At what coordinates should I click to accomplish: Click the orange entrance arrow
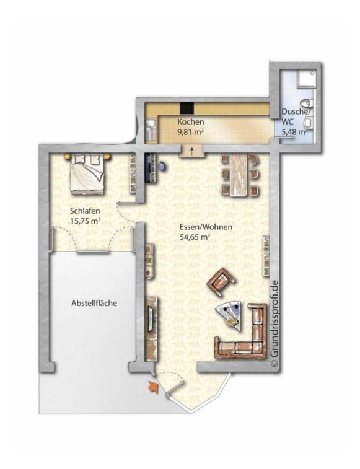(x=153, y=387)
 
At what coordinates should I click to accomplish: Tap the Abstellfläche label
(x=94, y=304)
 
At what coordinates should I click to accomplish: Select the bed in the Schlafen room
(x=87, y=173)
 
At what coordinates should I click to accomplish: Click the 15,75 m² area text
(x=85, y=222)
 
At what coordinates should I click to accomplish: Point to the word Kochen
(x=191, y=122)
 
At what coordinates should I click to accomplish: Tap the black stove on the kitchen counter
(x=187, y=107)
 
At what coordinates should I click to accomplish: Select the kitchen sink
(x=151, y=130)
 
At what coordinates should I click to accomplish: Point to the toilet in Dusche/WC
(x=307, y=103)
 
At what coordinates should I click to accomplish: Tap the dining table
(x=239, y=175)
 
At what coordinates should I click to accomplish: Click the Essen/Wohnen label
(x=206, y=227)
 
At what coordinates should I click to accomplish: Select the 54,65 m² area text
(x=195, y=237)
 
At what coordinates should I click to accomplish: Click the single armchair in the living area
(x=221, y=282)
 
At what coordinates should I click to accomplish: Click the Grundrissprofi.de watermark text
(x=274, y=323)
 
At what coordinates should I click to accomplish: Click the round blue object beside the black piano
(x=162, y=165)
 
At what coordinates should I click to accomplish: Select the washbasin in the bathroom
(x=308, y=123)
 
